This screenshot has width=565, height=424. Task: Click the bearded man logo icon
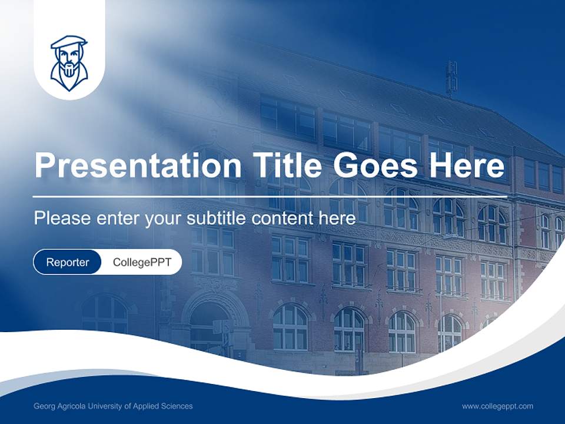69,63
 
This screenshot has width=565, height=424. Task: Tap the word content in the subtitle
284,218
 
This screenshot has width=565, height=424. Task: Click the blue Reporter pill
68,262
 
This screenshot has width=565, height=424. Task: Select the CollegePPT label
142,262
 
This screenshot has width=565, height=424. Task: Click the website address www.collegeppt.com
497,406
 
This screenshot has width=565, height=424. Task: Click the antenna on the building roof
451,78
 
